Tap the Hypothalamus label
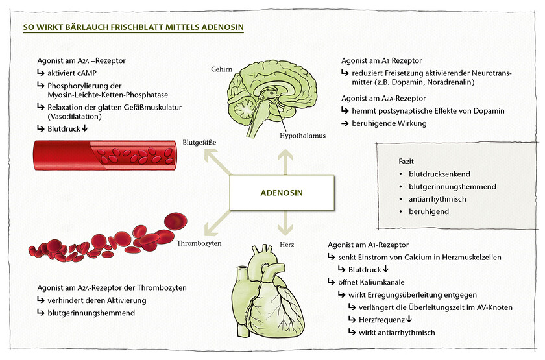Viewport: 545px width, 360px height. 302,136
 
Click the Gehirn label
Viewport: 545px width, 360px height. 222,68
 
